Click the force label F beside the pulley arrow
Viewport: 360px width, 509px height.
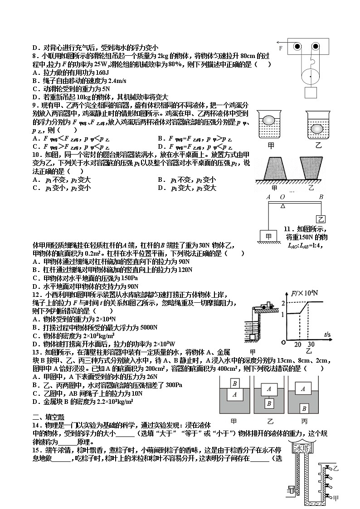281,48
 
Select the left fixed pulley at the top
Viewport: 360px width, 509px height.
297,47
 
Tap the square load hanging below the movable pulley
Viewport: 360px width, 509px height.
311,92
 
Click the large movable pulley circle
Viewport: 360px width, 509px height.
311,76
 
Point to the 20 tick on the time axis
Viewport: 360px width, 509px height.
298,344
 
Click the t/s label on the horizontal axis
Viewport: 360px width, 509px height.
329,334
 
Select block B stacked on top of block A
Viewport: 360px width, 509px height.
234,383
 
